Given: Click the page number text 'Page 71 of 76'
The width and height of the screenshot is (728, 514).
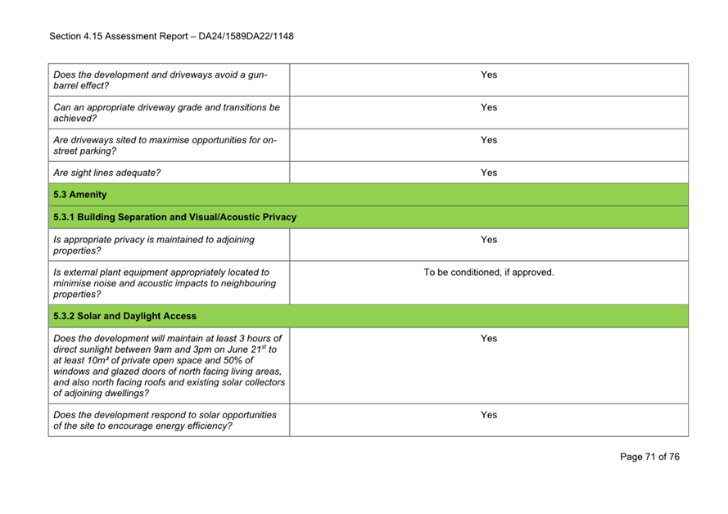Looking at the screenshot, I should click(x=649, y=457).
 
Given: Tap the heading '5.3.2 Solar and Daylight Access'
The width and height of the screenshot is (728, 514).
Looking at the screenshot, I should click(x=124, y=315).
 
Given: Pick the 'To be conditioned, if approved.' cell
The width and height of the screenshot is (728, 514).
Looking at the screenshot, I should click(x=488, y=273).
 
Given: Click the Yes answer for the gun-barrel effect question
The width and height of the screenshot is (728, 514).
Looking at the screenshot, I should click(x=488, y=74).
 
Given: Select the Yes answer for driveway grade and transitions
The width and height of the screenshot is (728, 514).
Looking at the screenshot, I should click(x=488, y=107).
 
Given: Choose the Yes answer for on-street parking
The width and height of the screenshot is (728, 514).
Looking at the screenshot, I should click(x=488, y=140).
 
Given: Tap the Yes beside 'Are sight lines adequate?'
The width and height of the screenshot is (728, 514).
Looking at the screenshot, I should click(x=488, y=173).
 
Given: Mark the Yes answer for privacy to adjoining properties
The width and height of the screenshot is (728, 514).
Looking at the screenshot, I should click(x=488, y=240).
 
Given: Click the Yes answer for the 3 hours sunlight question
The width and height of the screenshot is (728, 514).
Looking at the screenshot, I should click(x=488, y=338).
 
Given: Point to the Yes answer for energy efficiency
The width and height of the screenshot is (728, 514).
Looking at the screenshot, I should click(x=488, y=415).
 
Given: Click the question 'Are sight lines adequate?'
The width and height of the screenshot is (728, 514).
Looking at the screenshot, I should click(x=106, y=173).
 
